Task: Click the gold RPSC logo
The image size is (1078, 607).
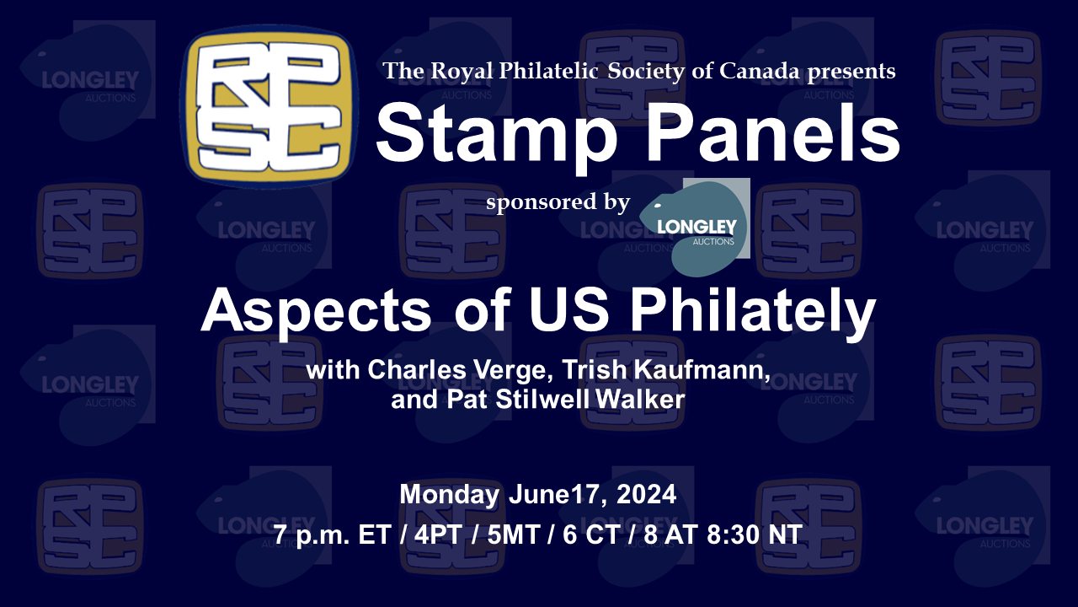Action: click(269, 106)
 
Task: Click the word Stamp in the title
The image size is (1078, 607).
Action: click(496, 133)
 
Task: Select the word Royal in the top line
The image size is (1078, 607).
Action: click(462, 72)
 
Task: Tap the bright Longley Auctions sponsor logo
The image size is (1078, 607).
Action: click(695, 228)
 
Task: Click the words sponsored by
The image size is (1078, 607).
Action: click(558, 201)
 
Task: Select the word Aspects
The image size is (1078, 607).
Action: click(316, 312)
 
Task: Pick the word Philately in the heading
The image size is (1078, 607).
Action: click(753, 313)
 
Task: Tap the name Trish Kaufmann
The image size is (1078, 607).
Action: click(666, 370)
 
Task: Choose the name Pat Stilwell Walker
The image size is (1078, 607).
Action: click(566, 400)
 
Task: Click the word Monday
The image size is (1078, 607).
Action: click(450, 495)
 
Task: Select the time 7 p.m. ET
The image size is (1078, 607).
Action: click(332, 535)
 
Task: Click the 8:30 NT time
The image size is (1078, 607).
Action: click(754, 534)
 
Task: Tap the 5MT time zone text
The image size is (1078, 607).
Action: click(513, 534)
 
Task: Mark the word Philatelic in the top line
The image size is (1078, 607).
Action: click(548, 72)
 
